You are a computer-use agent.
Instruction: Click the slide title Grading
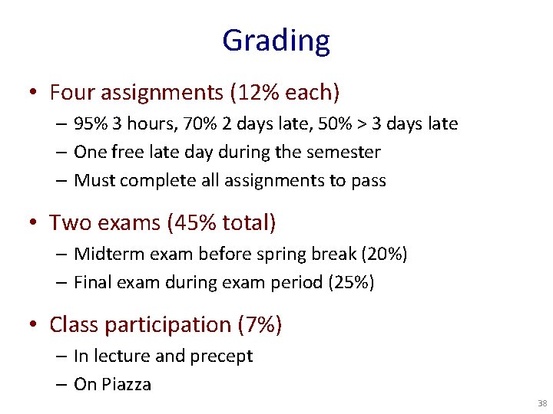(276, 40)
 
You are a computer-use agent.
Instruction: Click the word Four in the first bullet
(70, 93)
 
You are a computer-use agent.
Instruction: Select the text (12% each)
(284, 93)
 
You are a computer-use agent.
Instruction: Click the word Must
(94, 181)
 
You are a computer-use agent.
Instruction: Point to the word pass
(369, 181)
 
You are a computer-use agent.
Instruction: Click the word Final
(91, 282)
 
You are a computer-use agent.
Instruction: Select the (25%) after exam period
(351, 282)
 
